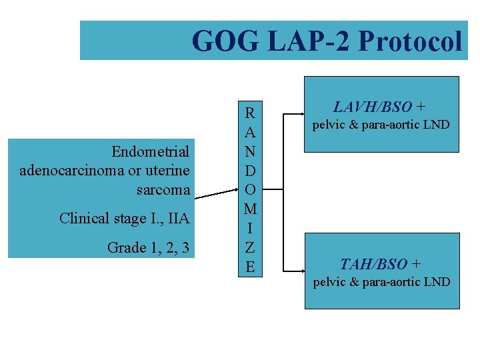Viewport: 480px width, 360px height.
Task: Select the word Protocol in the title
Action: point(409,41)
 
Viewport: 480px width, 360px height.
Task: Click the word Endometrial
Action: point(151,151)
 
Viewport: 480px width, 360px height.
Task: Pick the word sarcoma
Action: point(163,190)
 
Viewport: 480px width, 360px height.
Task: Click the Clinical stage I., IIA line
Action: point(125,219)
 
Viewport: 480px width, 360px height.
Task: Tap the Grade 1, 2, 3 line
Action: point(148,248)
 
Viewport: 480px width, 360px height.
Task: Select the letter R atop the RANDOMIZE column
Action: point(249,112)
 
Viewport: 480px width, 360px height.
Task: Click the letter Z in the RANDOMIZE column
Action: point(249,248)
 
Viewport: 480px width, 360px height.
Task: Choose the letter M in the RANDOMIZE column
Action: point(249,209)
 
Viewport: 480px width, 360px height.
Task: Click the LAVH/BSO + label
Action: point(380,107)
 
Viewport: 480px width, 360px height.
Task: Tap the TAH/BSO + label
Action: point(380,264)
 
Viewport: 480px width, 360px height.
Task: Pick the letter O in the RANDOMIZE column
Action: point(249,189)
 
